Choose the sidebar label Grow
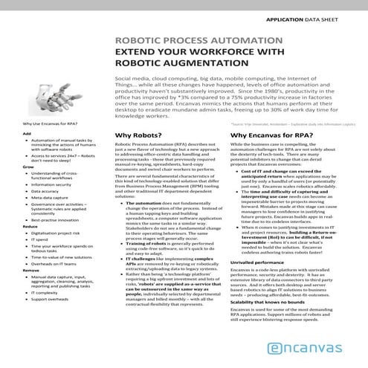28,167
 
